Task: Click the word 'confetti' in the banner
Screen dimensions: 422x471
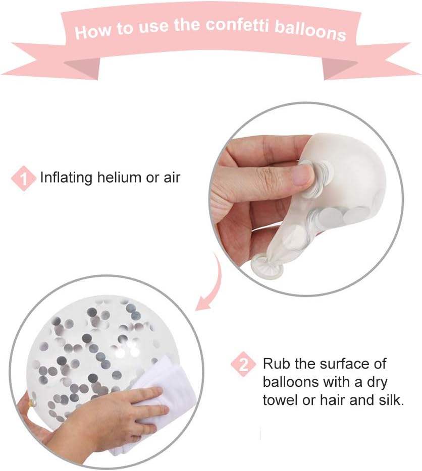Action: click(237, 25)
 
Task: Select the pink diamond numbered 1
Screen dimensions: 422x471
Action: click(23, 179)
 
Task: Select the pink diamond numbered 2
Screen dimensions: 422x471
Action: click(243, 365)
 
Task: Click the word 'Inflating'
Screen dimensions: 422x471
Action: click(66, 178)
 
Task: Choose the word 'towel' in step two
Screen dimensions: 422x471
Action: click(280, 400)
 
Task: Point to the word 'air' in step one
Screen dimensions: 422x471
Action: click(172, 178)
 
